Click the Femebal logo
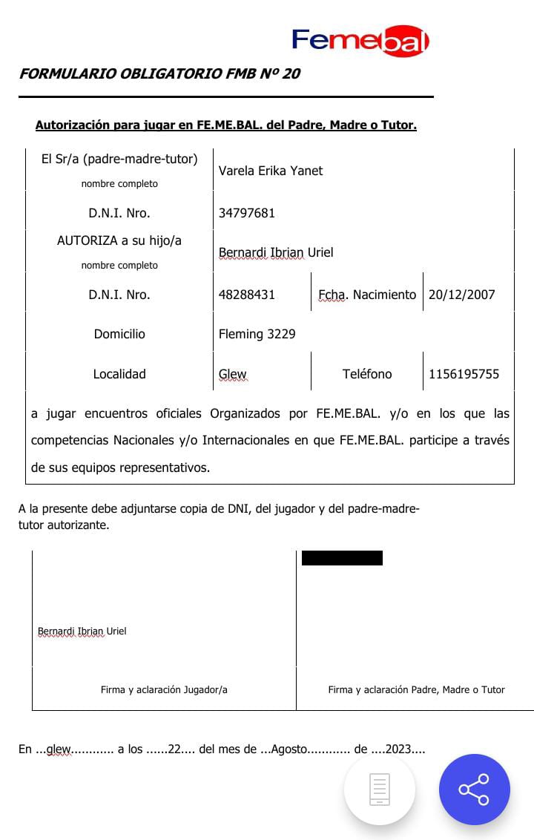[x=360, y=42]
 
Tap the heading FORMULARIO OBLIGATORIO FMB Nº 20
[x=159, y=73]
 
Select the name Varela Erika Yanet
[x=271, y=171]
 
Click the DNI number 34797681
[x=247, y=213]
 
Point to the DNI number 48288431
[x=247, y=295]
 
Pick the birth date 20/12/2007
[x=461, y=295]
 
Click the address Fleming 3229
[x=257, y=334]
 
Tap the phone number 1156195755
[x=464, y=374]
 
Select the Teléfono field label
[x=367, y=374]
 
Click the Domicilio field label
[x=119, y=334]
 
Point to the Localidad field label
[x=119, y=374]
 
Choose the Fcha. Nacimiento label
[x=367, y=295]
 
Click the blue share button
[x=474, y=790]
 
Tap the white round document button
[x=379, y=790]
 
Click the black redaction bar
[x=342, y=558]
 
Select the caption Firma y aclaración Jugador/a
[x=164, y=689]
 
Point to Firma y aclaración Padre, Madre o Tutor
[x=416, y=689]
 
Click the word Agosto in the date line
[x=289, y=749]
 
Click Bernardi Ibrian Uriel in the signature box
[x=82, y=631]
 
